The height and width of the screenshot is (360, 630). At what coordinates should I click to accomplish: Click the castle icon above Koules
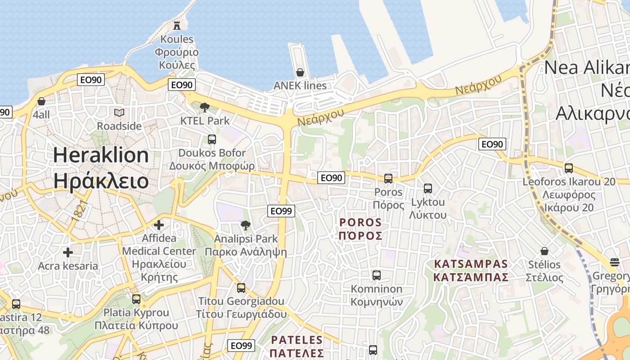pyautogui.click(x=177, y=25)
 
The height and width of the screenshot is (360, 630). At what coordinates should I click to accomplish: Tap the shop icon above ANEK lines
pyautogui.click(x=300, y=72)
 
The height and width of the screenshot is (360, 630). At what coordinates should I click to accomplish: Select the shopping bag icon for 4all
pyautogui.click(x=41, y=101)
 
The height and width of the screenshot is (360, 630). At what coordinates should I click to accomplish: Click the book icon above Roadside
pyautogui.click(x=119, y=112)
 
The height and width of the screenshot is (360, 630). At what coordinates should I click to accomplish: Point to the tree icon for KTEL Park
pyautogui.click(x=205, y=107)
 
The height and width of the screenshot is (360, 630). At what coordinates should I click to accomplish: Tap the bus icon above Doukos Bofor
pyautogui.click(x=212, y=139)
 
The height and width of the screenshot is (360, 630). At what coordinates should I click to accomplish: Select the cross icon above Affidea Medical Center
pyautogui.click(x=159, y=225)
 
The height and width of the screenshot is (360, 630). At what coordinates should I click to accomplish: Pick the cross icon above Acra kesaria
pyautogui.click(x=68, y=252)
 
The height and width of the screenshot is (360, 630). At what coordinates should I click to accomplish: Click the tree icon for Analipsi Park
pyautogui.click(x=245, y=225)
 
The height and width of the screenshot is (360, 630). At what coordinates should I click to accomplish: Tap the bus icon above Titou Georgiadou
pyautogui.click(x=241, y=288)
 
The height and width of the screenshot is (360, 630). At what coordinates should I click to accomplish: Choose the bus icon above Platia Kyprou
pyautogui.click(x=136, y=299)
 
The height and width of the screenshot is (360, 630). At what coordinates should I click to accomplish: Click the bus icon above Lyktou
pyautogui.click(x=428, y=189)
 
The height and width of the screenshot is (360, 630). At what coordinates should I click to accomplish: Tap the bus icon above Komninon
pyautogui.click(x=377, y=275)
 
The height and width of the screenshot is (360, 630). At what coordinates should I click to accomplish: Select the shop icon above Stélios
pyautogui.click(x=544, y=251)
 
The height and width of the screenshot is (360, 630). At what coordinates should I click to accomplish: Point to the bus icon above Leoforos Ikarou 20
pyautogui.click(x=569, y=168)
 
